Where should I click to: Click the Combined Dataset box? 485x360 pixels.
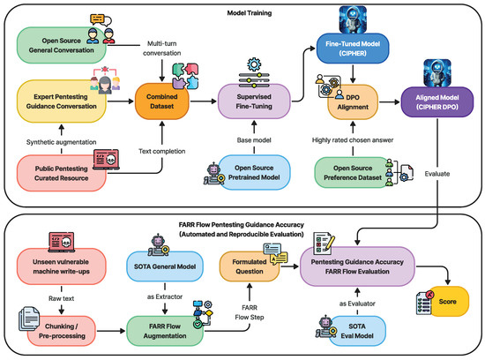(x=162, y=101)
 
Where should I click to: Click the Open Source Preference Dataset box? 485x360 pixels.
(x=354, y=169)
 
